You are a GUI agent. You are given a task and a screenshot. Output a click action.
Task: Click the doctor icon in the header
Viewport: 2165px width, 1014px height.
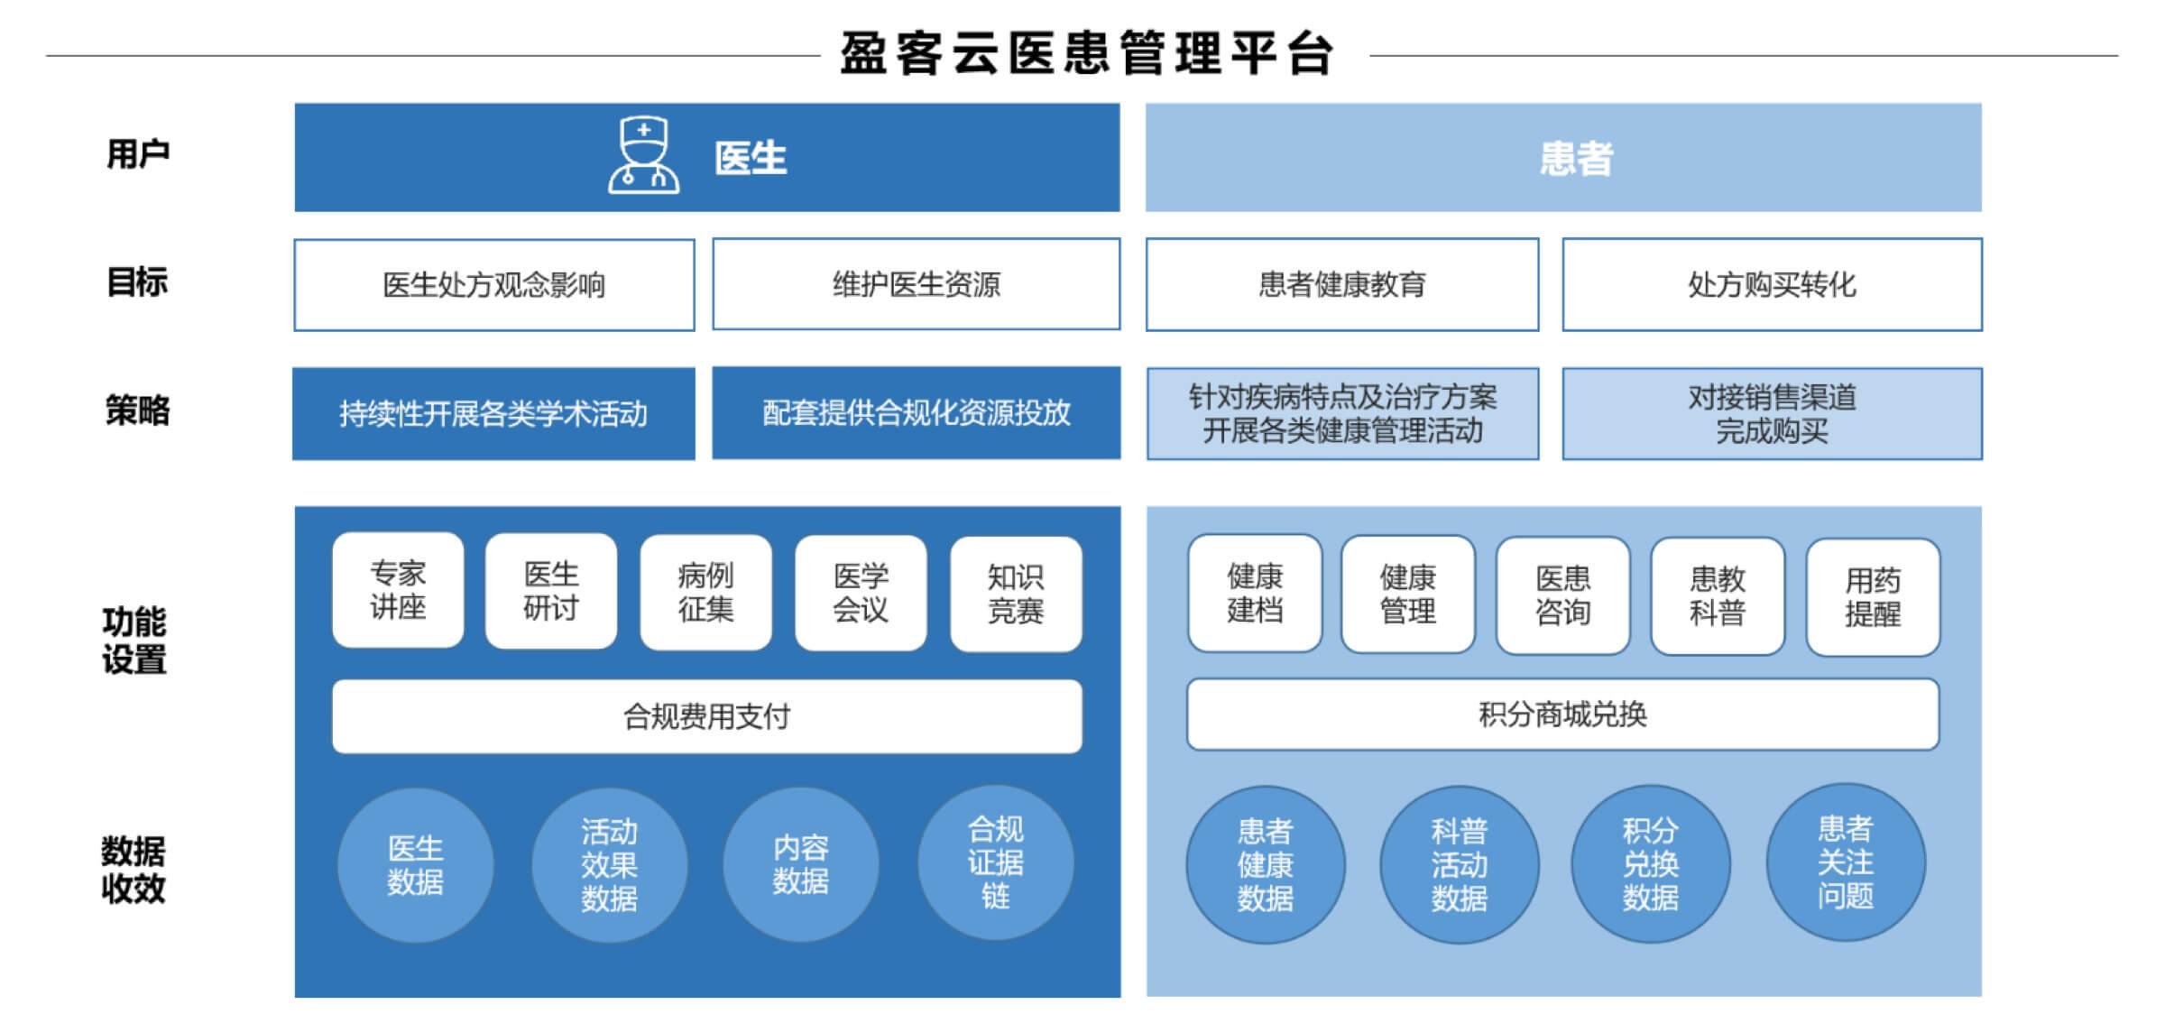pyautogui.click(x=643, y=155)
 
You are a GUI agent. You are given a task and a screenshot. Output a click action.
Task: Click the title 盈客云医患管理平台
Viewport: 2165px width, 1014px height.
pyautogui.click(x=1087, y=54)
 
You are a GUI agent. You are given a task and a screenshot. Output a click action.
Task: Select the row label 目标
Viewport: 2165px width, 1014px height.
pyautogui.click(x=137, y=282)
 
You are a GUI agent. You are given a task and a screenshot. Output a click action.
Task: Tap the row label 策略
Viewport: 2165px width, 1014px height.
pyautogui.click(x=137, y=410)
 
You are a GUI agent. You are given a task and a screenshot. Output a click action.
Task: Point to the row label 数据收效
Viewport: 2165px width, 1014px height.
pyautogui.click(x=134, y=870)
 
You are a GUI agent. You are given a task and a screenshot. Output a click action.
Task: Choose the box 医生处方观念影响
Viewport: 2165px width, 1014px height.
pyautogui.click(x=494, y=285)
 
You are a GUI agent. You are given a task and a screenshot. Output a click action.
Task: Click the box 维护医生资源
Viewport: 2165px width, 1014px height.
pyautogui.click(x=917, y=284)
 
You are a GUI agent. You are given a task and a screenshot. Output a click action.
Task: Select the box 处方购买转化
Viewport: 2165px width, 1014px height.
pyautogui.click(x=1772, y=285)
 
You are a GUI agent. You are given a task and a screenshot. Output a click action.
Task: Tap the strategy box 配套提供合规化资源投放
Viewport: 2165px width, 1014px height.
pyautogui.click(x=917, y=413)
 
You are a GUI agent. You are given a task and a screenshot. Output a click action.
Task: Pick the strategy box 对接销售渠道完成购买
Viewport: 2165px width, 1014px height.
pyautogui.click(x=1772, y=414)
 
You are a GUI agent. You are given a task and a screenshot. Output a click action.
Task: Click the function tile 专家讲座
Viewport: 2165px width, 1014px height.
pyautogui.click(x=398, y=590)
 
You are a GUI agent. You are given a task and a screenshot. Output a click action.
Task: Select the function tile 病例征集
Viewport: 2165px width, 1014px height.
pyautogui.click(x=705, y=593)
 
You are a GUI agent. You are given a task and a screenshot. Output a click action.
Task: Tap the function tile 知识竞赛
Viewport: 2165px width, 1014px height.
pyautogui.click(x=1016, y=595)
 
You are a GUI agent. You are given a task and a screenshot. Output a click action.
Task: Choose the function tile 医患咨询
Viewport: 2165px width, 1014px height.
pyautogui.click(x=1563, y=596)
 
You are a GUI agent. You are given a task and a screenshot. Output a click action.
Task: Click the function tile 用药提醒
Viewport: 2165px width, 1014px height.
pyautogui.click(x=1873, y=597)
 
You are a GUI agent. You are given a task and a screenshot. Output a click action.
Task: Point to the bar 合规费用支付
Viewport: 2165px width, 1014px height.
pyautogui.click(x=707, y=716)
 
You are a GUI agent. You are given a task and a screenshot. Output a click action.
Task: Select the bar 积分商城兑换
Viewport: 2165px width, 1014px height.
pyautogui.click(x=1563, y=714)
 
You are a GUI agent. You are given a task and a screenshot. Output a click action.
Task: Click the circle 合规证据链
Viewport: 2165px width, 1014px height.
pyautogui.click(x=996, y=862)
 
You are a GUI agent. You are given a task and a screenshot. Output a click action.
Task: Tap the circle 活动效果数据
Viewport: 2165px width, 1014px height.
pyautogui.click(x=609, y=865)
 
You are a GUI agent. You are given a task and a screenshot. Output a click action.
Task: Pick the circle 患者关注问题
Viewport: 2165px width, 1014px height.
pyautogui.click(x=1846, y=862)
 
